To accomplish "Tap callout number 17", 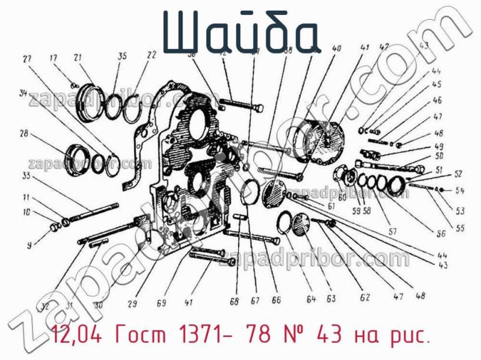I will pos(54,58).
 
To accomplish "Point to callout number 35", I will pos(122,56).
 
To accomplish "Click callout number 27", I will pos(26,59).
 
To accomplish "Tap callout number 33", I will pos(26,176).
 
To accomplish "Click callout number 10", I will pos(26,212).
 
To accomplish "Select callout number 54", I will pos(460,191).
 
